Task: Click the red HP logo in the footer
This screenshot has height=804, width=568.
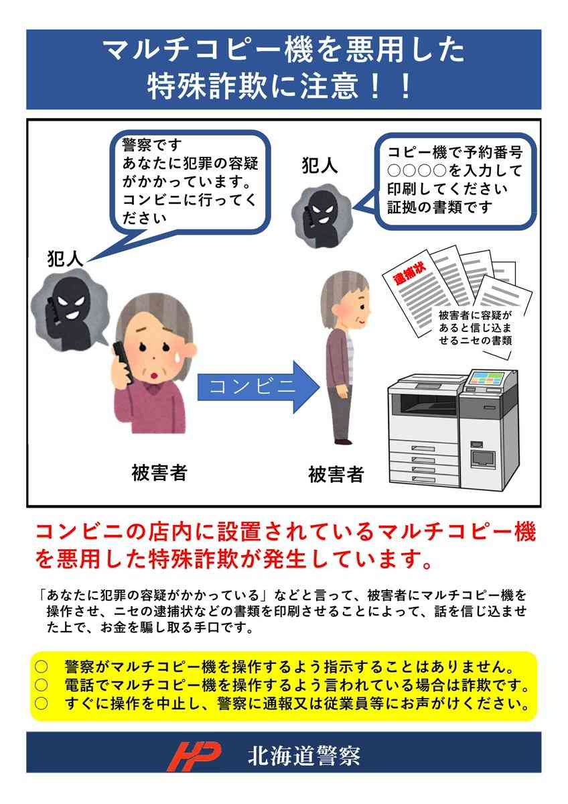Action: click(194, 756)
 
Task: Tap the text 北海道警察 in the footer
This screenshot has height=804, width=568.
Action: click(304, 756)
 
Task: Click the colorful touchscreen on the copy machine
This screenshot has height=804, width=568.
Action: click(486, 379)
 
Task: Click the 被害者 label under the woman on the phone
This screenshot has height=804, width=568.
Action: click(159, 472)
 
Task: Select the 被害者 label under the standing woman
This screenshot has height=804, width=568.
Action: click(336, 474)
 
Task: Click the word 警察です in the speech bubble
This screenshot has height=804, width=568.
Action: click(152, 145)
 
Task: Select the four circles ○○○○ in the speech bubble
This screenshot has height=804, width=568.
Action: click(417, 170)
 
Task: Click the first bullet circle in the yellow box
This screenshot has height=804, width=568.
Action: click(41, 667)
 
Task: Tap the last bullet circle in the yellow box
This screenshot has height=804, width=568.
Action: click(41, 703)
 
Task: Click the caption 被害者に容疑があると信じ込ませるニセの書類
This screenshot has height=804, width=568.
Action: click(476, 328)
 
